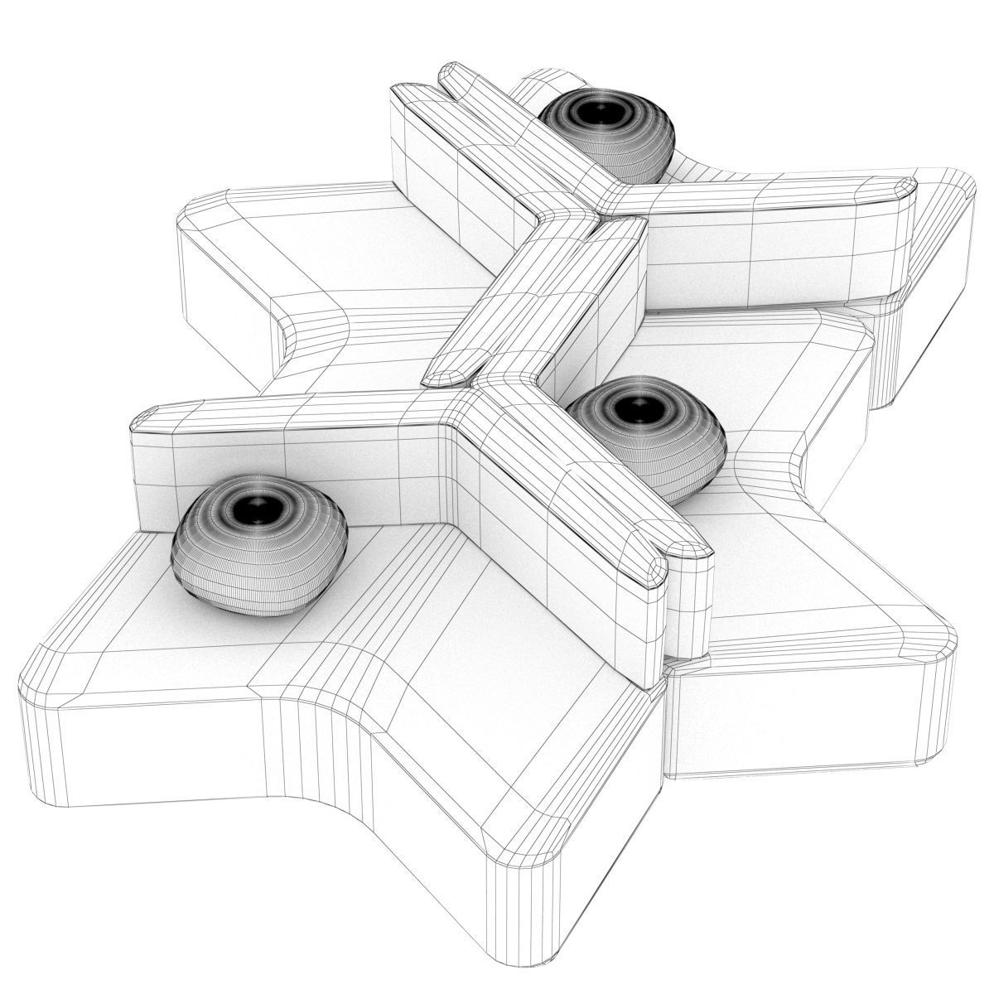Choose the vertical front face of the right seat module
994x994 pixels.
795,721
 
